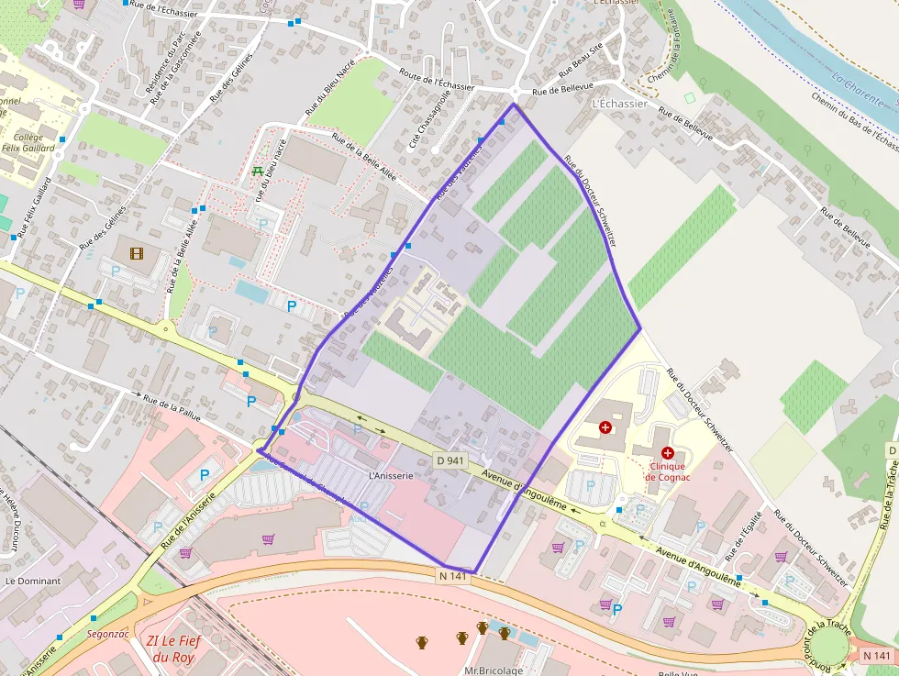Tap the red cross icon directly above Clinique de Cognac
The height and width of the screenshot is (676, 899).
click(x=667, y=453)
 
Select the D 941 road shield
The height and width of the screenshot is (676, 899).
click(x=447, y=460)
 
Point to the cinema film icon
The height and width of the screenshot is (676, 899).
click(x=137, y=253)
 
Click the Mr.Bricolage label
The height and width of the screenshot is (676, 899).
click(x=493, y=670)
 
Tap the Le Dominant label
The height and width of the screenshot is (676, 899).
click(x=32, y=581)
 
